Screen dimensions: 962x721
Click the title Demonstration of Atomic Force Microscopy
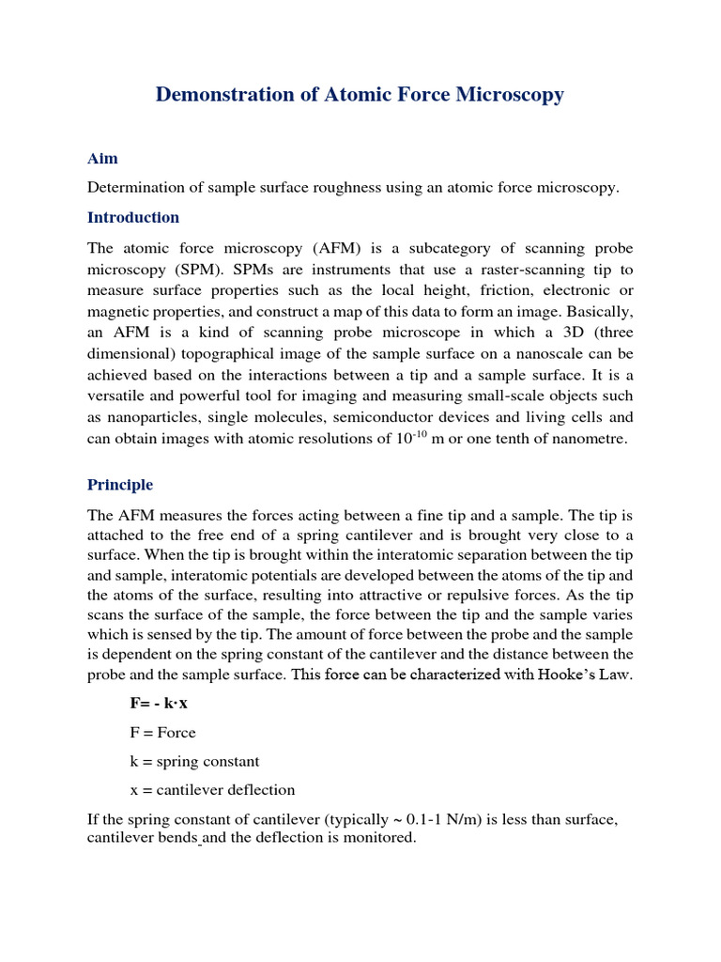(360, 95)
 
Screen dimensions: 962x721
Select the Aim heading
(102, 159)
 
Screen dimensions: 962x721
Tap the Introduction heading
(133, 217)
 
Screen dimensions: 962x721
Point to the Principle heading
(120, 485)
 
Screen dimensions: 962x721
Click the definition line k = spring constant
(194, 761)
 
